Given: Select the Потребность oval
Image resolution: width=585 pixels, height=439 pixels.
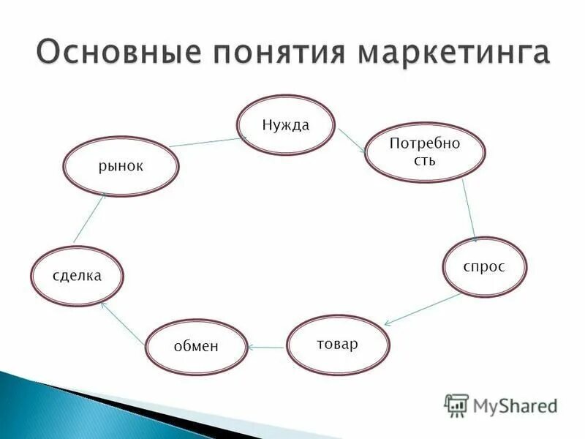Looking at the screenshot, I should (414, 152).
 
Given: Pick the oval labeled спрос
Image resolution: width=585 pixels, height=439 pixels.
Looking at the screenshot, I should (484, 267).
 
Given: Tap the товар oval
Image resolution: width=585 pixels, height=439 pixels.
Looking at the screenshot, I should (338, 345).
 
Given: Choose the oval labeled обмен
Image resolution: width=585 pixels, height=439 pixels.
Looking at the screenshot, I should (196, 347).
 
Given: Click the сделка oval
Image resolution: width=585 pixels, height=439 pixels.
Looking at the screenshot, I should (77, 276).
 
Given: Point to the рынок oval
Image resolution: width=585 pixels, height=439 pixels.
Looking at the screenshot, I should (121, 167).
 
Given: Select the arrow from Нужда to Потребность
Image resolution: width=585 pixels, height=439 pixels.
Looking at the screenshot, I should (352, 141).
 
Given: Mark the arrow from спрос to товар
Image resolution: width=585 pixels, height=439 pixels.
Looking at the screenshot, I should (423, 309).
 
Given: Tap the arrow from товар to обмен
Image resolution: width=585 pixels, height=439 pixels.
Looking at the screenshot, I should (265, 347).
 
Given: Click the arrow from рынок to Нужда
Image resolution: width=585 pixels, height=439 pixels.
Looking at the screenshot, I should (208, 140).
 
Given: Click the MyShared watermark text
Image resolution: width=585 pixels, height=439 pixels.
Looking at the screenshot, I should (515, 405).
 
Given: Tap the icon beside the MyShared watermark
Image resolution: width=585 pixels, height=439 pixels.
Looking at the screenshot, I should (456, 405).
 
